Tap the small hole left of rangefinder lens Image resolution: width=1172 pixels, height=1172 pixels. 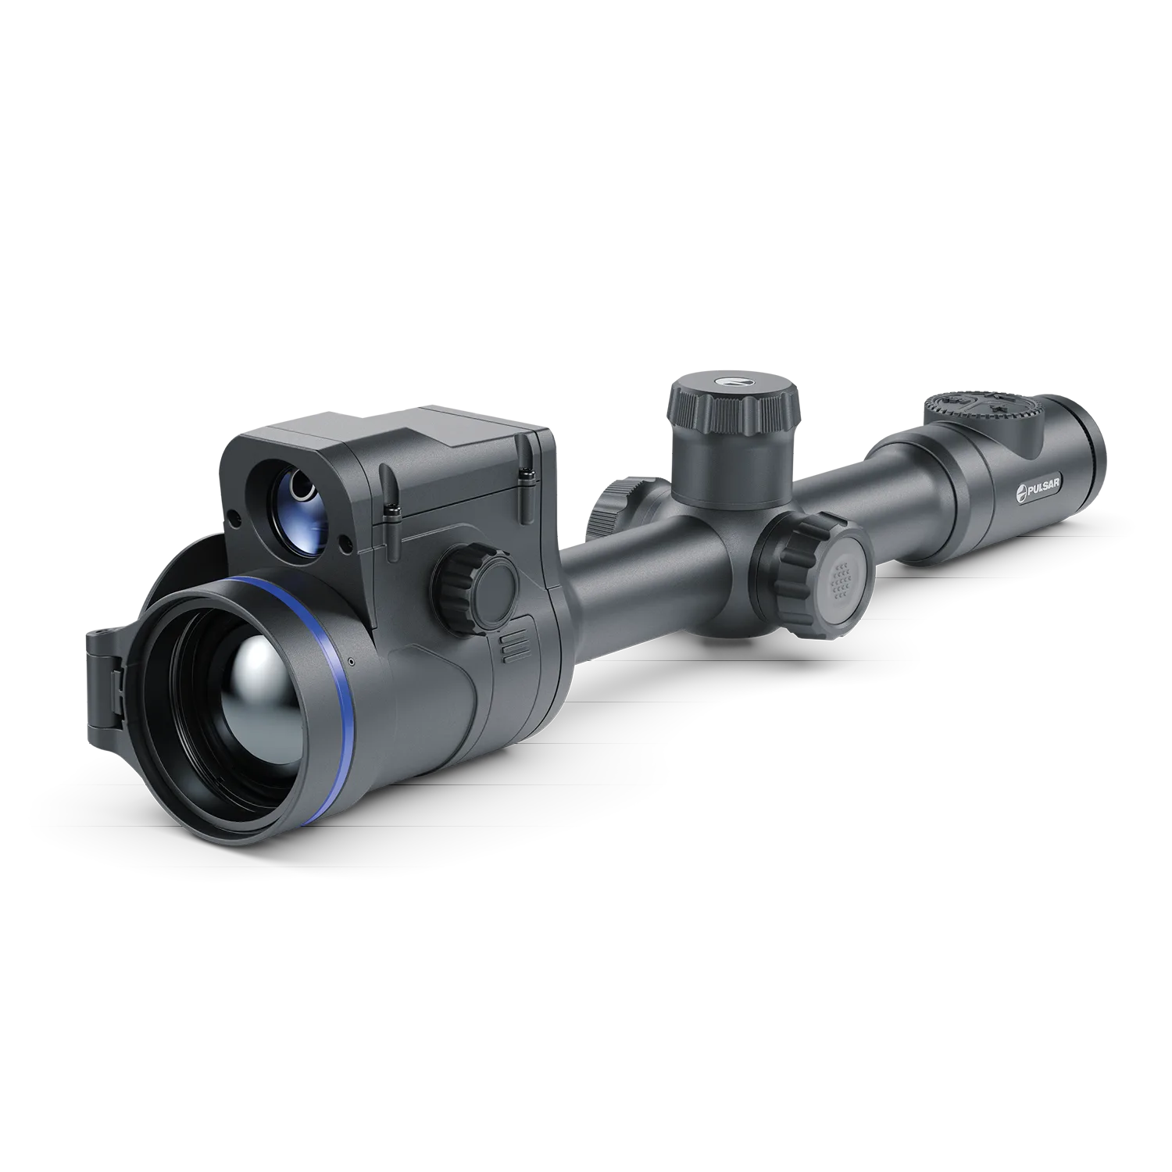coord(233,516)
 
